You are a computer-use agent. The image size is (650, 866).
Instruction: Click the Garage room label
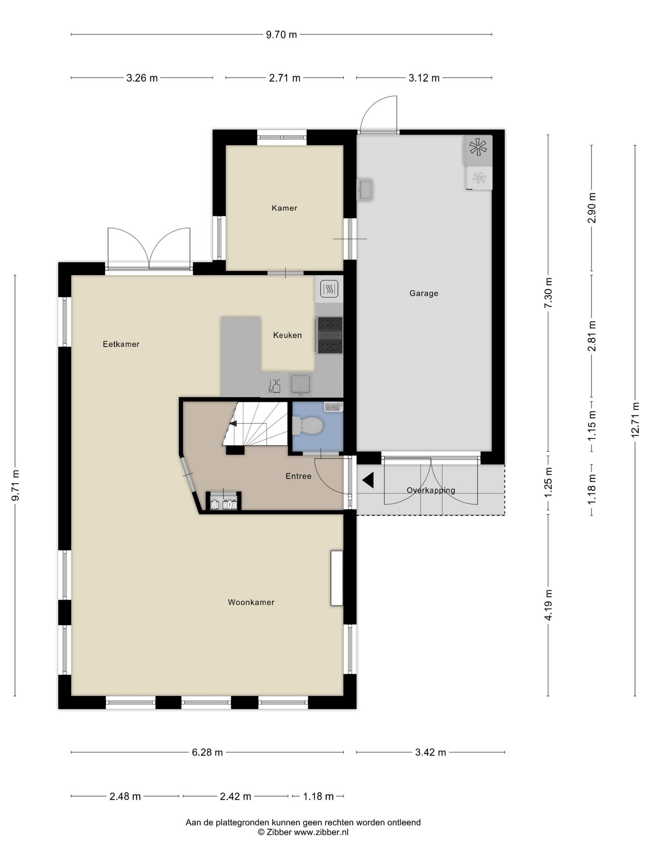click(424, 293)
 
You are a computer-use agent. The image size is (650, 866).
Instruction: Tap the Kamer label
click(284, 208)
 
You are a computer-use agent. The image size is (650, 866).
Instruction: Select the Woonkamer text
click(251, 602)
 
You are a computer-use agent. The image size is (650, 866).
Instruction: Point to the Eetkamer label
click(121, 344)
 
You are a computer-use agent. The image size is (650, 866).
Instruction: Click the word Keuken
click(287, 335)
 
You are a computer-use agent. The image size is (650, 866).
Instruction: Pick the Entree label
click(298, 476)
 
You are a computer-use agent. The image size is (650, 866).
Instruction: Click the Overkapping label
click(431, 490)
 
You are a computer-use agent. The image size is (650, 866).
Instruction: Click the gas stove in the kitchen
click(330, 335)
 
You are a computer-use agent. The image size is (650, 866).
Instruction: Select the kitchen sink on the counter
click(300, 384)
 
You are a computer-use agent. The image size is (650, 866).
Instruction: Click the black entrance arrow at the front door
click(368, 480)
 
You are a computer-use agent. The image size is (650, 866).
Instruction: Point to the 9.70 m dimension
click(281, 35)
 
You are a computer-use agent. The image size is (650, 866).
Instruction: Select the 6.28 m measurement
click(207, 752)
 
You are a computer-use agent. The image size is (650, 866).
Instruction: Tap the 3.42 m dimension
click(430, 752)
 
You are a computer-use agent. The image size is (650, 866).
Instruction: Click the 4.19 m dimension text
click(548, 605)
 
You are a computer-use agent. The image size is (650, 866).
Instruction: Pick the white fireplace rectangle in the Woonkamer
click(336, 578)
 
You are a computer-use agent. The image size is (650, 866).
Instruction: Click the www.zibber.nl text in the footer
click(321, 832)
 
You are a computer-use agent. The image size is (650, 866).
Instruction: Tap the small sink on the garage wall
click(365, 189)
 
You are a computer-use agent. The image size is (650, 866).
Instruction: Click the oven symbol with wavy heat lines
click(329, 289)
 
